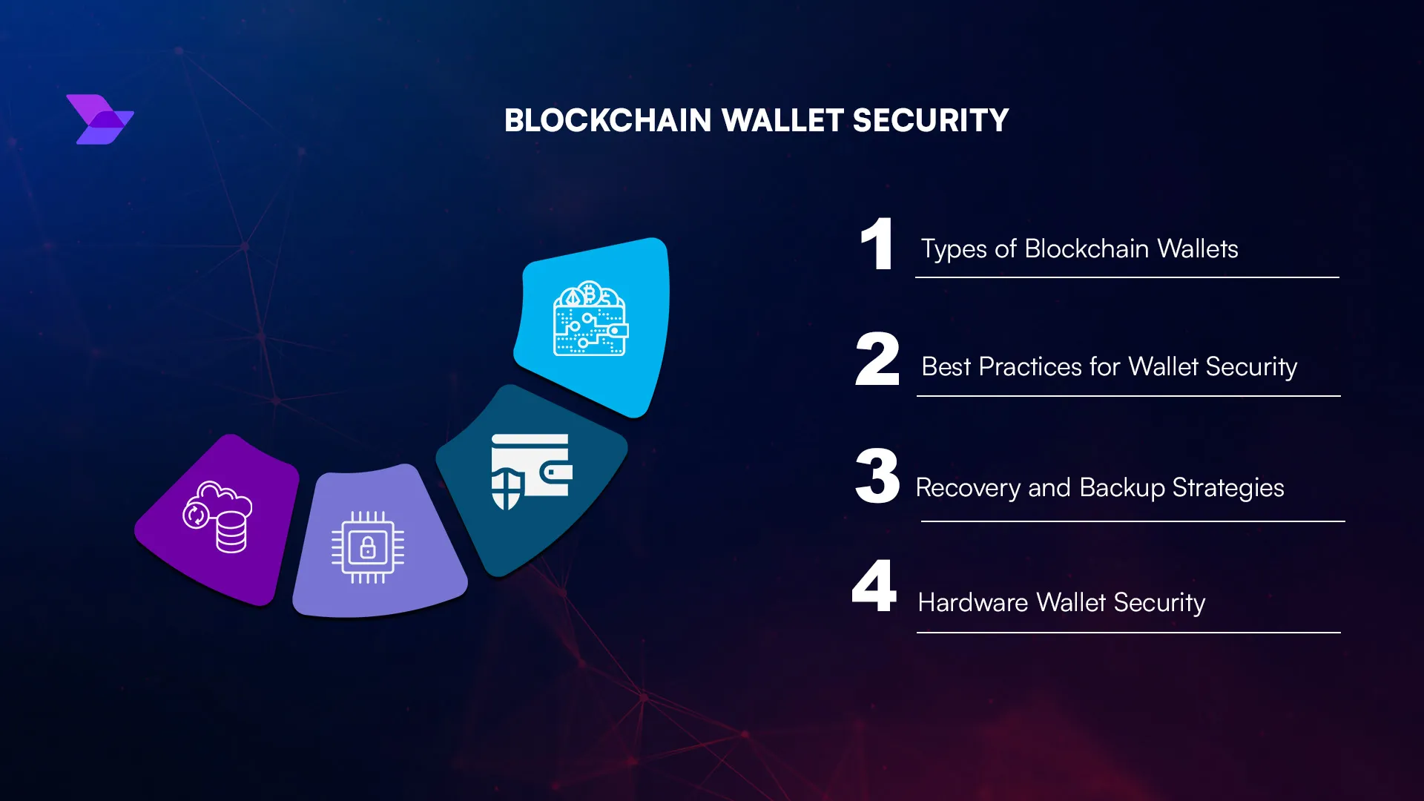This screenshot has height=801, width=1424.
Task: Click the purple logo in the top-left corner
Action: click(x=100, y=119)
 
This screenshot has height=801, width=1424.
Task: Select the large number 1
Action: click(x=877, y=245)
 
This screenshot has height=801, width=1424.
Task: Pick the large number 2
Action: click(x=877, y=360)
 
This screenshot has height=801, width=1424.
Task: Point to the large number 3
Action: click(x=877, y=476)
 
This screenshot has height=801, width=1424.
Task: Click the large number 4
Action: click(x=875, y=586)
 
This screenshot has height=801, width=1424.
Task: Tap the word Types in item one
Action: click(x=954, y=249)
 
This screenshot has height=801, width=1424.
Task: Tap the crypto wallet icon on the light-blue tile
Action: click(x=590, y=319)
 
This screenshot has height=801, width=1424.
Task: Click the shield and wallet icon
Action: click(x=531, y=472)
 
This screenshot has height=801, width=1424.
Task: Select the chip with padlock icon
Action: click(x=368, y=547)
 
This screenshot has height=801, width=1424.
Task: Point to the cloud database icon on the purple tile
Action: click(x=218, y=518)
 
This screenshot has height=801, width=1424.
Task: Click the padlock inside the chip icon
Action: click(x=368, y=549)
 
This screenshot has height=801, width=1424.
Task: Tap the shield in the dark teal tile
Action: click(x=507, y=488)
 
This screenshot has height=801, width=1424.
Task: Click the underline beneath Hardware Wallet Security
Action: click(x=1128, y=633)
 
